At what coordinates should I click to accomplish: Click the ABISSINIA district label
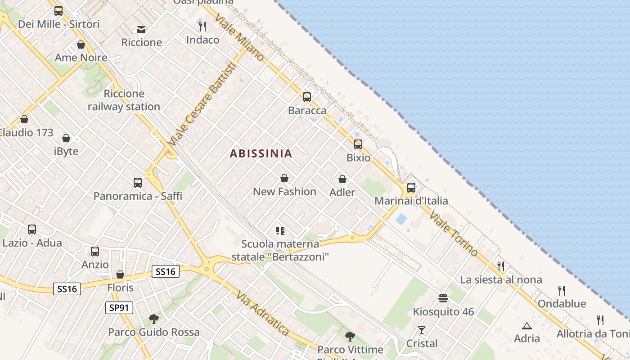[x=261, y=153]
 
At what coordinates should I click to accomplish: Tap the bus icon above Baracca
[x=307, y=97]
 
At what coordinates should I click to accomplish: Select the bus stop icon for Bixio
[x=358, y=144]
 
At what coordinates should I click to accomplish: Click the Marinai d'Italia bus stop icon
[x=411, y=187]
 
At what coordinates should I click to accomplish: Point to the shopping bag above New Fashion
[x=284, y=178]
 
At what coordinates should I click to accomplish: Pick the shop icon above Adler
[x=342, y=179]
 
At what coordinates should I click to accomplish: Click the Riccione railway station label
[x=124, y=100]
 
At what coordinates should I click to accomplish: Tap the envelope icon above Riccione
[x=141, y=30]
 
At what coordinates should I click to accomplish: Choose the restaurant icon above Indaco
[x=202, y=27]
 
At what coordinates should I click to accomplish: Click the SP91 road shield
[x=119, y=308]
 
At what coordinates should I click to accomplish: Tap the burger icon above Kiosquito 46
[x=443, y=298]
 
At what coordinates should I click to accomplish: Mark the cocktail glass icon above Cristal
[x=422, y=330]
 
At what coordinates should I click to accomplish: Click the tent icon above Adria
[x=526, y=325]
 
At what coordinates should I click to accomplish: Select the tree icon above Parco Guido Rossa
[x=154, y=319]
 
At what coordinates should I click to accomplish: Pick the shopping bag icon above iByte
[x=66, y=138]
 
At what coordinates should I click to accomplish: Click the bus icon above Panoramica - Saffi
[x=138, y=182]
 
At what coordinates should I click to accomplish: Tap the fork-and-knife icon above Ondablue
[x=562, y=290]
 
